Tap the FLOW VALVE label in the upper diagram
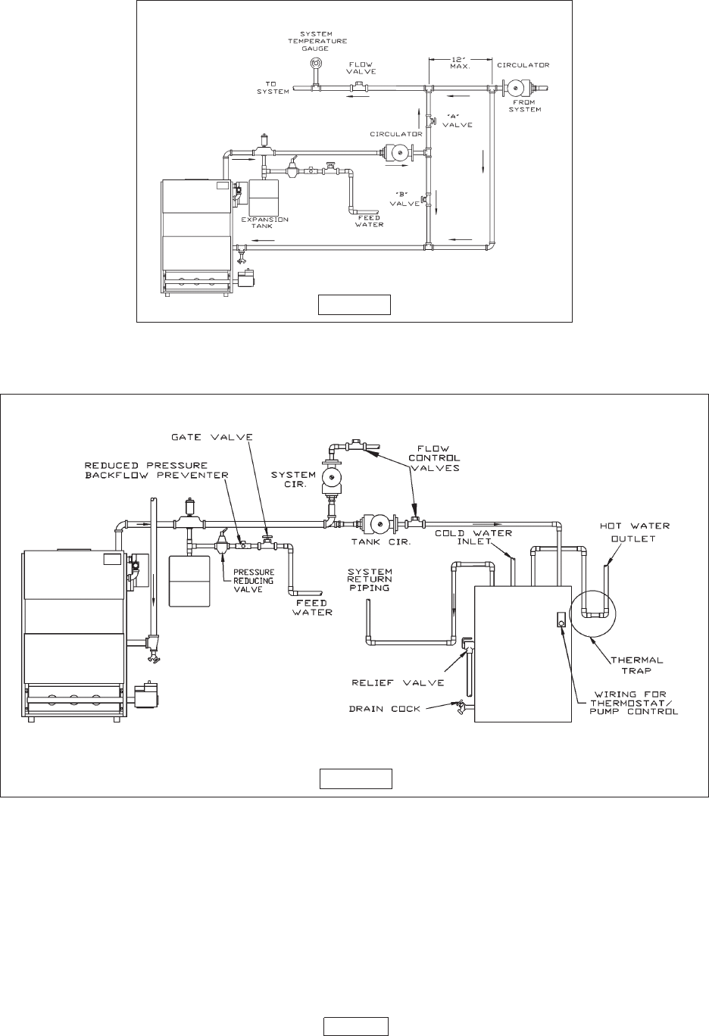(x=361, y=68)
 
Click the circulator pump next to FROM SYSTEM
(x=515, y=88)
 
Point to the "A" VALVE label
(x=458, y=121)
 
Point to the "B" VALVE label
(x=405, y=199)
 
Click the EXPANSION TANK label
(x=264, y=223)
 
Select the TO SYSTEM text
(x=273, y=88)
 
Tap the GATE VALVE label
(x=212, y=437)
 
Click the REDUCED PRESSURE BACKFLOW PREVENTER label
(x=157, y=470)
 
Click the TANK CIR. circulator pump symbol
(x=380, y=524)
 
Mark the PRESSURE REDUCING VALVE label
(x=254, y=580)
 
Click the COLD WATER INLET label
(x=473, y=538)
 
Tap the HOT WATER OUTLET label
(x=635, y=532)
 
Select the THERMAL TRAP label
(x=637, y=665)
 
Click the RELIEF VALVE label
(x=398, y=682)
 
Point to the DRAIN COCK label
(x=385, y=709)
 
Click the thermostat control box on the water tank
(x=561, y=619)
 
